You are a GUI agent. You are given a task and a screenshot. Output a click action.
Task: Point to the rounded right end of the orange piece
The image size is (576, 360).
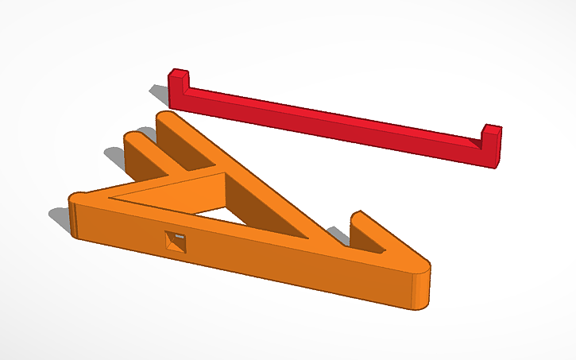pyautogui.click(x=421, y=286)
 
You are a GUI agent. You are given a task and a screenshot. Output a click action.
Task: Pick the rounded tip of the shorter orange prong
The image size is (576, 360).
pyautogui.click(x=135, y=136)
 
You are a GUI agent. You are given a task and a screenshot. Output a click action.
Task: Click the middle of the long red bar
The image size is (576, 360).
pyautogui.click(x=334, y=127)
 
